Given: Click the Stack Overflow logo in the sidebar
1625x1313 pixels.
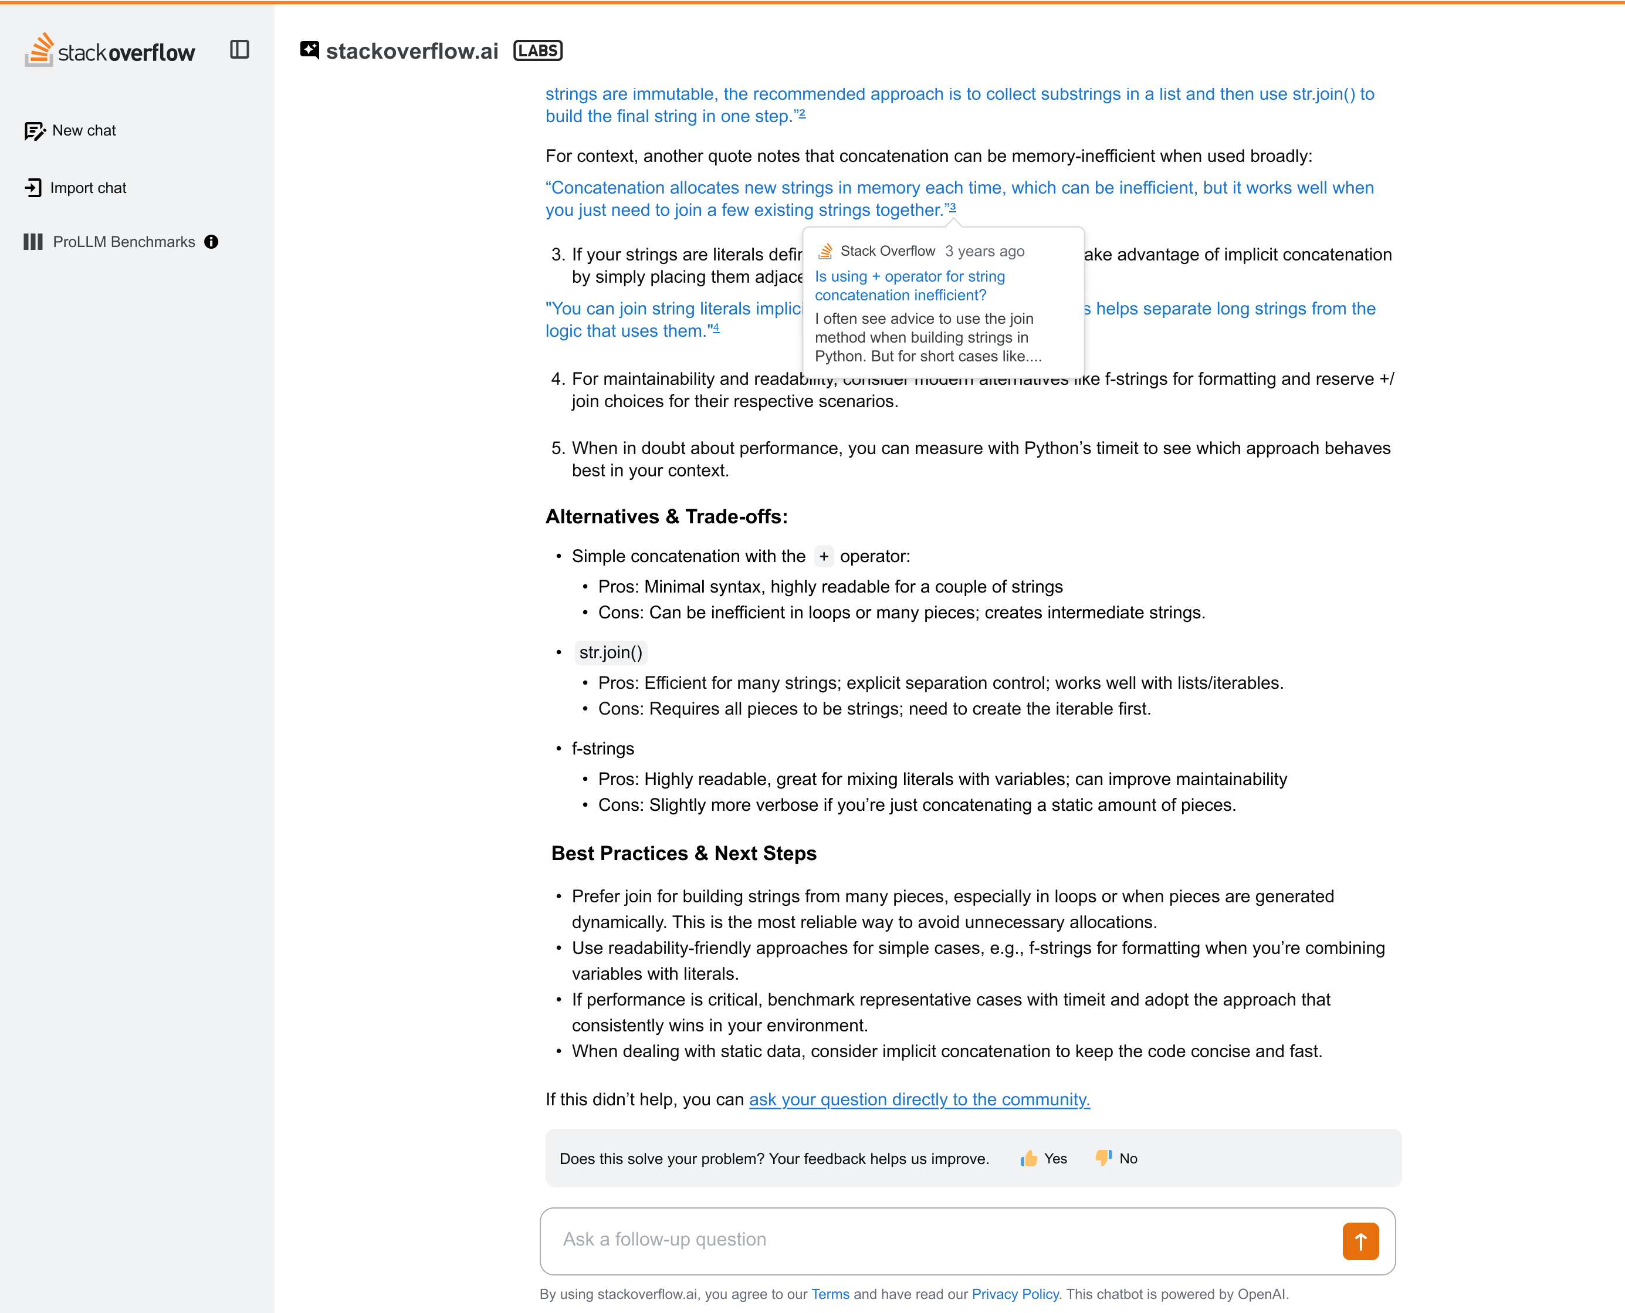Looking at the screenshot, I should point(110,50).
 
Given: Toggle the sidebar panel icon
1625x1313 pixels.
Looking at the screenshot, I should point(240,50).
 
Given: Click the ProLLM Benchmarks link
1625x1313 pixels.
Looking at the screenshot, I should point(123,242).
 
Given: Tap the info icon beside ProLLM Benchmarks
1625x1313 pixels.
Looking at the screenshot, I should point(212,242).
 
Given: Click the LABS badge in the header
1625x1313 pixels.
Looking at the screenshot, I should point(537,50).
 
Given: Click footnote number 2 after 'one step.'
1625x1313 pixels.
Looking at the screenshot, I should point(803,114).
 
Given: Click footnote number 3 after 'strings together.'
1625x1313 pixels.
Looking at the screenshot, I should point(952,207).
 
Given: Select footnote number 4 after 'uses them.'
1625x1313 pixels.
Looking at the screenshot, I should point(716,329).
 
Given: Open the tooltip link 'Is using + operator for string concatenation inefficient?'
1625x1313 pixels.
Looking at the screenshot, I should point(910,286).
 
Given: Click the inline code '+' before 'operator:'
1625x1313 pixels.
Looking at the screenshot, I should point(824,557).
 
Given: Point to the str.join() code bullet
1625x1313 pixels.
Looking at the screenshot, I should point(610,653).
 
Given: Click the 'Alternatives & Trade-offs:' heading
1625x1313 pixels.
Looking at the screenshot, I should point(666,517).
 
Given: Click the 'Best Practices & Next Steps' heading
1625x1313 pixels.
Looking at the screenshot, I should point(683,853).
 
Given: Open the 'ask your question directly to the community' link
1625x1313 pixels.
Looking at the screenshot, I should point(919,1099).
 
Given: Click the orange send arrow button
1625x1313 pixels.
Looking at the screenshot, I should point(1360,1241).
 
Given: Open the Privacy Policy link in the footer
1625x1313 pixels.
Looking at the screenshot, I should point(1015,1294).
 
